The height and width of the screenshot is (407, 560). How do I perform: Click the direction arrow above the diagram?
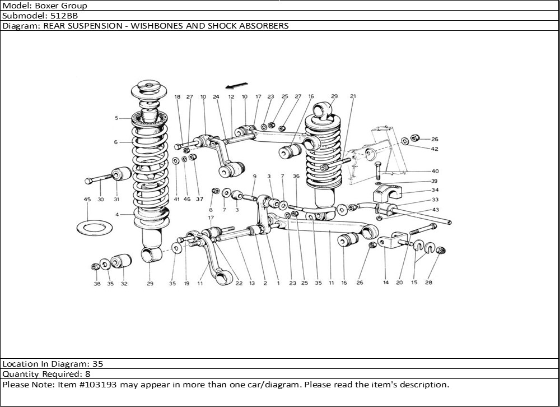coord(235,85)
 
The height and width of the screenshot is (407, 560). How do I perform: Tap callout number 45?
coord(87,200)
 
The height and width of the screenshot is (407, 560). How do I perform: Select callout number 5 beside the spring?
coord(116,118)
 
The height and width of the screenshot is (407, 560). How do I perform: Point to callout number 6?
coord(116,142)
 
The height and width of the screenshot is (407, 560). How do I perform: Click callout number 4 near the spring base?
coord(116,215)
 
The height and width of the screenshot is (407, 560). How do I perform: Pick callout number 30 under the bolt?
coord(101,200)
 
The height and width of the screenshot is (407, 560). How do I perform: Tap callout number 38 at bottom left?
coord(97,284)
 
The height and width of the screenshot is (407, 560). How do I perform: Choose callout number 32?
coord(124,284)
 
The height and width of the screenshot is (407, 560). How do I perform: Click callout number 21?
coord(353,96)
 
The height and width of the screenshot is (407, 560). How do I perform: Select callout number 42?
coord(435,149)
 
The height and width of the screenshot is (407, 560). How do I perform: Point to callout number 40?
coord(435,171)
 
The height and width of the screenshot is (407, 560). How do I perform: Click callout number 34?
coord(435,190)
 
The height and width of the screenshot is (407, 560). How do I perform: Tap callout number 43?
coord(435,210)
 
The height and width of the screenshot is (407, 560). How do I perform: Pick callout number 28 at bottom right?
coord(430,283)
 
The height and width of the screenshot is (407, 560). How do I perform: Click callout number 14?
coord(386,283)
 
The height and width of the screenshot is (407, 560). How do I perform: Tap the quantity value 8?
coord(88,374)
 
